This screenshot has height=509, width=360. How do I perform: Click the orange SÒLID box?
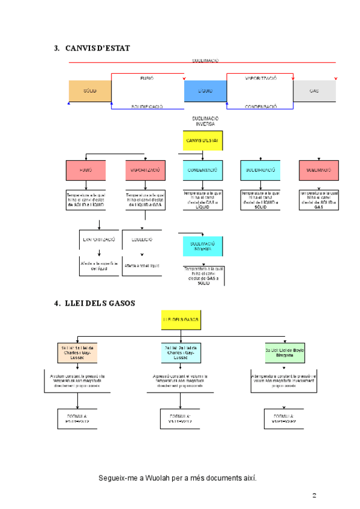tap(90, 91)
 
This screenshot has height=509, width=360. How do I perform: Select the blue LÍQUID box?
tap(205, 91)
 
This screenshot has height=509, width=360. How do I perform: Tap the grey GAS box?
tap(314, 91)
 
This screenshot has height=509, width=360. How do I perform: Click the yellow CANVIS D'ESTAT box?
tap(203, 140)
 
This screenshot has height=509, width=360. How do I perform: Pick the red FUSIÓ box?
tap(86, 170)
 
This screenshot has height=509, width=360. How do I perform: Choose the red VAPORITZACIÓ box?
tap(145, 170)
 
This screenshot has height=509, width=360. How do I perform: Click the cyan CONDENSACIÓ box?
tap(203, 170)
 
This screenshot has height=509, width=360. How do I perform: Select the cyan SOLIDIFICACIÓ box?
tap(260, 170)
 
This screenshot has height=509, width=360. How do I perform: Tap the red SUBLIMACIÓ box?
tap(319, 170)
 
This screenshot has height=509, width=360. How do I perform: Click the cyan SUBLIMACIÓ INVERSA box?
tap(202, 246)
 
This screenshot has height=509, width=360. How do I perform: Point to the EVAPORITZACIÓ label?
tap(99, 239)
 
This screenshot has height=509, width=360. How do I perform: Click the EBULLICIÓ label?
tap(142, 239)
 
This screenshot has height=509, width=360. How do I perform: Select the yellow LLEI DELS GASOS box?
tap(180, 320)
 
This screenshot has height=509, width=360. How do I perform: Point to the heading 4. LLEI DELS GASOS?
tap(95, 303)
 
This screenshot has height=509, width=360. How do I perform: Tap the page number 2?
tap(314, 495)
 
